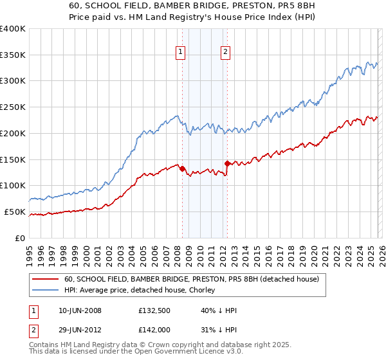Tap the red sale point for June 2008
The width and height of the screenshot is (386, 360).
click(x=182, y=168)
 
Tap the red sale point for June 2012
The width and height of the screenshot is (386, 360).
click(x=227, y=163)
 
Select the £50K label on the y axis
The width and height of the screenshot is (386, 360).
click(x=15, y=212)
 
